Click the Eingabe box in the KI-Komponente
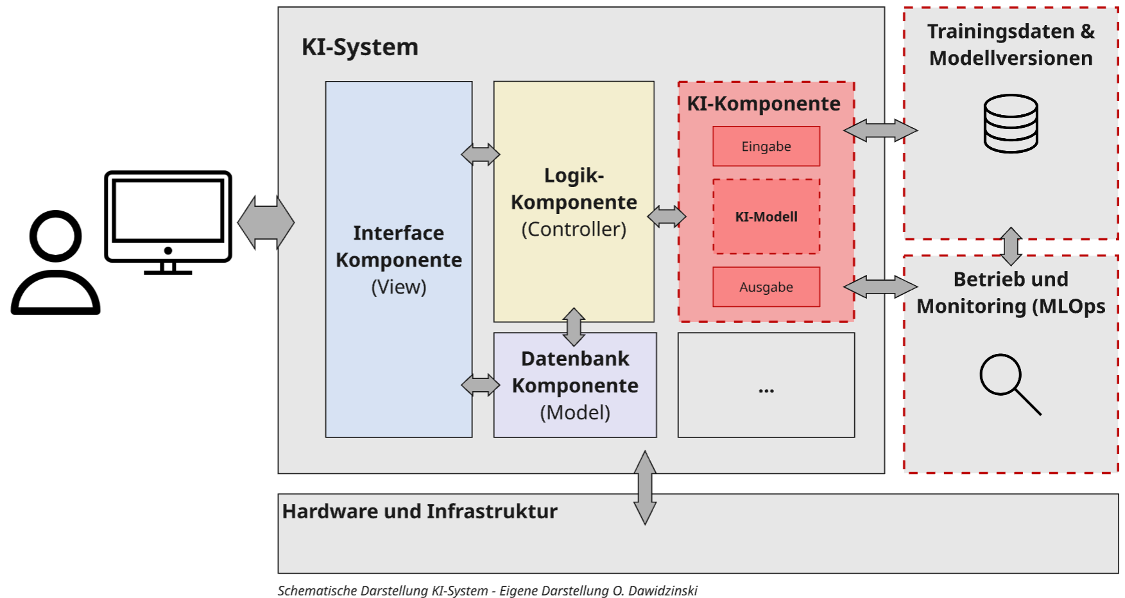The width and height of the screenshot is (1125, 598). (766, 146)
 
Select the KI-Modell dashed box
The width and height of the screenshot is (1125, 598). (766, 216)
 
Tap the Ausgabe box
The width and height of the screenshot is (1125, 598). (766, 287)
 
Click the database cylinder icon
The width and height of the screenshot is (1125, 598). (1011, 124)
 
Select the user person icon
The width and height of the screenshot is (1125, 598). (56, 263)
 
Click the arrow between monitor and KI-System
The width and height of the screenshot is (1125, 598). (266, 222)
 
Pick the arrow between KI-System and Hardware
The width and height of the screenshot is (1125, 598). (645, 488)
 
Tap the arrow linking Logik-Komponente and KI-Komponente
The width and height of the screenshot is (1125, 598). (667, 216)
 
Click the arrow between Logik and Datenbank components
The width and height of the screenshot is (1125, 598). (574, 327)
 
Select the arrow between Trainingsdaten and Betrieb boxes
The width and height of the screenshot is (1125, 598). (1011, 247)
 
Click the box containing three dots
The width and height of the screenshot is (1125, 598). (766, 385)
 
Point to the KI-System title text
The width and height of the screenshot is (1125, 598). (360, 47)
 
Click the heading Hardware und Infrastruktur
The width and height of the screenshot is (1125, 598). (420, 511)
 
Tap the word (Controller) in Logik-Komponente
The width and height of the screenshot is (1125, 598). (574, 229)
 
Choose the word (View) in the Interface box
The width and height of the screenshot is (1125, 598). (399, 287)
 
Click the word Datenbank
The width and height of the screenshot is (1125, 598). (575, 359)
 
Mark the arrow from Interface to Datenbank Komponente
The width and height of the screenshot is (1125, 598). (480, 385)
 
